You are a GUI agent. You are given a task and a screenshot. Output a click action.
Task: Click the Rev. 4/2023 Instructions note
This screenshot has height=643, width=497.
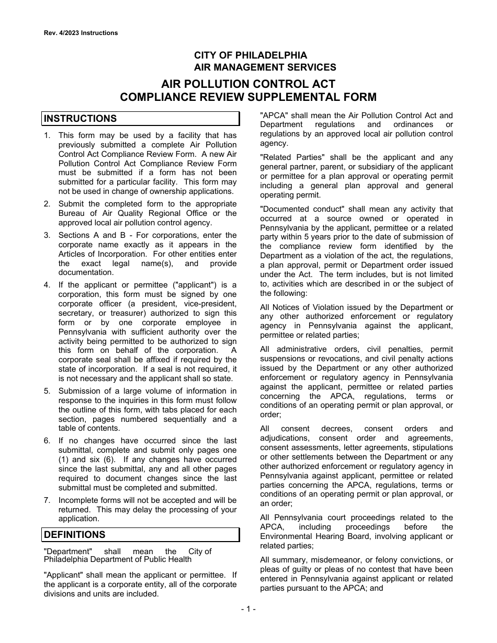click(81, 33)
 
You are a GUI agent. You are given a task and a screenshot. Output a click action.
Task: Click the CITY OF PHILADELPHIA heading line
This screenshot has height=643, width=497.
click(251, 55)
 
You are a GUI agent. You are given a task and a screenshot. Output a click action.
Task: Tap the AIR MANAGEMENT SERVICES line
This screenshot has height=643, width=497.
click(265, 67)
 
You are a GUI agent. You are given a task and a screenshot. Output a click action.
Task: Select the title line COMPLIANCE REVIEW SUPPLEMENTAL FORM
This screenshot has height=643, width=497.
click(248, 97)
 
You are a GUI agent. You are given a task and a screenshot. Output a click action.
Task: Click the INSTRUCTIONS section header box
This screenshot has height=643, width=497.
click(140, 119)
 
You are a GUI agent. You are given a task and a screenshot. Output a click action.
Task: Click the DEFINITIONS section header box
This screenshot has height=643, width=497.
click(140, 535)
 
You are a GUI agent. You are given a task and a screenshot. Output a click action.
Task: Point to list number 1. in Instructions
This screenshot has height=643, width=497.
click(47, 135)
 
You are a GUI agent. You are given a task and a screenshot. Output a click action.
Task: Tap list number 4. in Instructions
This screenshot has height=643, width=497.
click(47, 285)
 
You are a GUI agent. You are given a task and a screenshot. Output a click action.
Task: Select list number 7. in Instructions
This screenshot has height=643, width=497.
click(47, 500)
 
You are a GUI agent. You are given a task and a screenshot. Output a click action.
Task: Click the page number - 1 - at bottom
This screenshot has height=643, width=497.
click(248, 608)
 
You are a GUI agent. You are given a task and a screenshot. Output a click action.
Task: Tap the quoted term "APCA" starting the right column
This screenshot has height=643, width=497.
click(274, 116)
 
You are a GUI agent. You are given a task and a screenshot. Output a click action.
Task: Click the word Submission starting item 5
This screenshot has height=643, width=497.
click(80, 391)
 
